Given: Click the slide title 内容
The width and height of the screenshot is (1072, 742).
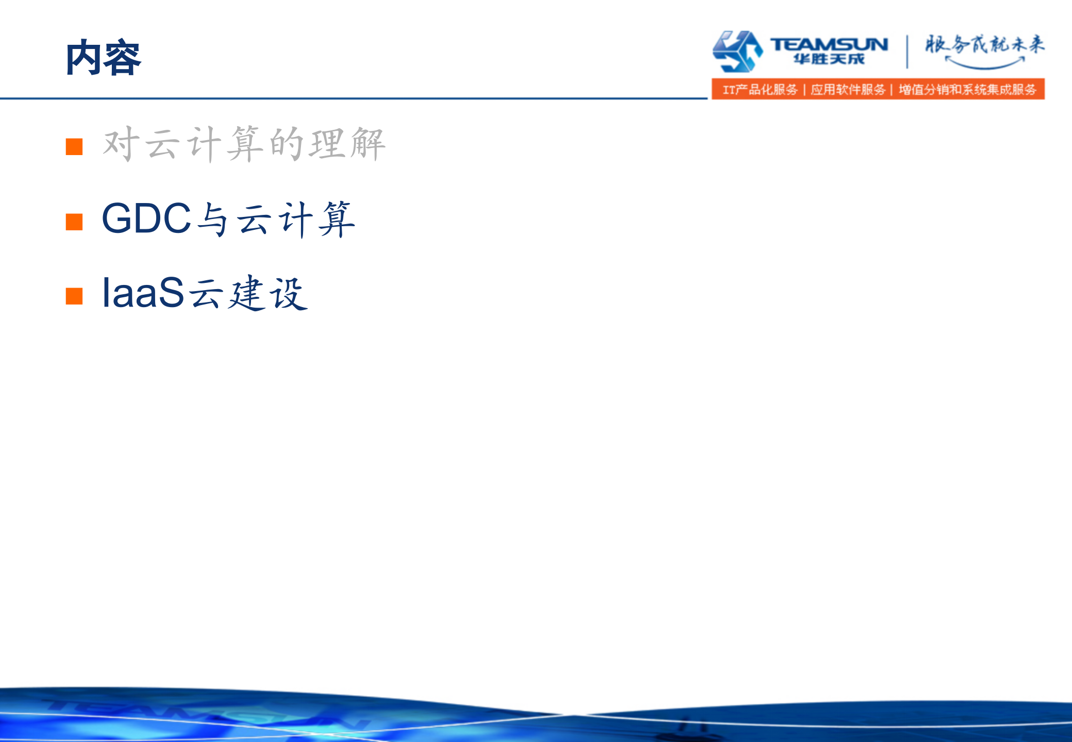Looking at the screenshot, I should (103, 58).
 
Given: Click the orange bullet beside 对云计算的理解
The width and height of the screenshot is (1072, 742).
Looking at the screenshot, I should (74, 146).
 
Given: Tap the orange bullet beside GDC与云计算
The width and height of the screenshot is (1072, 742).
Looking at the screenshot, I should (74, 222).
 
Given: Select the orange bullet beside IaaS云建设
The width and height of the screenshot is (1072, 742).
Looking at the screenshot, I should (74, 296).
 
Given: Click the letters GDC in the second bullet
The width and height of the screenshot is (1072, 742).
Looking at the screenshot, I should (146, 218).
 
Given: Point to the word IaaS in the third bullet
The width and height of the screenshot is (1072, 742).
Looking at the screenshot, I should (143, 293).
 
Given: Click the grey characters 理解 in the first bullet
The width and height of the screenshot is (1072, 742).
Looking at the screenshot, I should (347, 144).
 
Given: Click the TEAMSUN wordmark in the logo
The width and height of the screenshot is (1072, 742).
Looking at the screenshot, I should (829, 44).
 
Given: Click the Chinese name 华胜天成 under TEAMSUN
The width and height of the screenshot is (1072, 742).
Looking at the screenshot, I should (829, 59).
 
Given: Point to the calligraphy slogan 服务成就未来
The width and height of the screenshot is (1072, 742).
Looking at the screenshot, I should (984, 44).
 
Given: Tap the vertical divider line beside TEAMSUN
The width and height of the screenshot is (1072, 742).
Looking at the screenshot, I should (907, 52).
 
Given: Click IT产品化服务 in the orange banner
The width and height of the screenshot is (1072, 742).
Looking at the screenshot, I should (760, 90).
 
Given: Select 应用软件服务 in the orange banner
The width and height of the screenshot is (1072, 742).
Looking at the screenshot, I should (848, 90).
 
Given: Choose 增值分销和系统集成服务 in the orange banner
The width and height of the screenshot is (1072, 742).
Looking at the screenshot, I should (967, 90).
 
